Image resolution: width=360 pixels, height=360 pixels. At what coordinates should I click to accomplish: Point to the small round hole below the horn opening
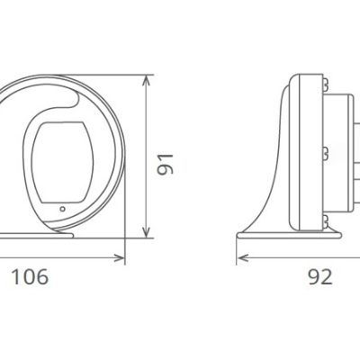click(61, 210)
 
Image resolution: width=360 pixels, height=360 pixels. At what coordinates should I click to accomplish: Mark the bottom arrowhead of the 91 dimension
click(146, 235)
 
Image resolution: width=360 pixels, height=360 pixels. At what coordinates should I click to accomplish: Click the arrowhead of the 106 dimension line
click(121, 258)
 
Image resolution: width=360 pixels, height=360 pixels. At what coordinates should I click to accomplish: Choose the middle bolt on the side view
click(321, 149)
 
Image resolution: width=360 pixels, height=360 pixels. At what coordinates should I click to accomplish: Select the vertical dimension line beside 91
click(146, 158)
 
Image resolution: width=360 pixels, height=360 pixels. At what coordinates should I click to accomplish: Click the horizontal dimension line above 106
click(63, 258)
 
